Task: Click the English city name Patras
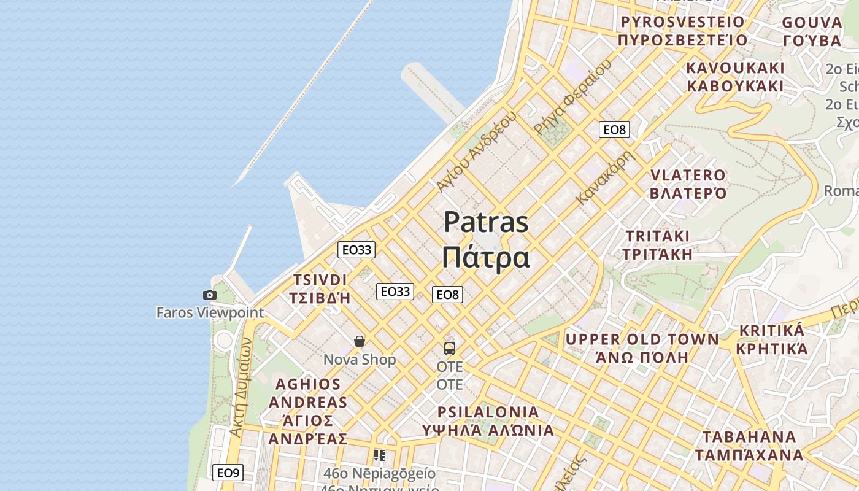[485, 222]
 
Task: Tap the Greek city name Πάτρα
[485, 258]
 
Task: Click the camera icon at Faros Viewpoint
[210, 295]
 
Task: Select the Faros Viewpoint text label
[210, 312]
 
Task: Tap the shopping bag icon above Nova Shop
[360, 341]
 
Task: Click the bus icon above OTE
[450, 349]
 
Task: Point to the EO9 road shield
[228, 473]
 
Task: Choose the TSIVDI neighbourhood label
[320, 280]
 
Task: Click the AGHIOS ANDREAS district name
[307, 393]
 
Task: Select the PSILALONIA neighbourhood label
[488, 412]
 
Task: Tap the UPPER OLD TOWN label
[642, 339]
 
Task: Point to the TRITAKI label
[657, 236]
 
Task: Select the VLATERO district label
[688, 176]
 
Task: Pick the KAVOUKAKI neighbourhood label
[735, 68]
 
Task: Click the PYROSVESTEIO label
[682, 22]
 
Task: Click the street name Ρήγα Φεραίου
[573, 96]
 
